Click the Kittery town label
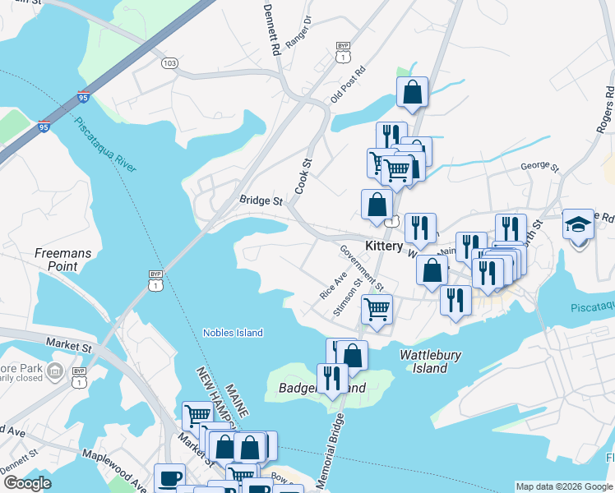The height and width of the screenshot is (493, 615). (x=384, y=246)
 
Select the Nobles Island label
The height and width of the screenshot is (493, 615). (x=233, y=333)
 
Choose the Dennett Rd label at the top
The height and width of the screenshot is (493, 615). (x=272, y=30)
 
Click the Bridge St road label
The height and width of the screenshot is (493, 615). (x=261, y=200)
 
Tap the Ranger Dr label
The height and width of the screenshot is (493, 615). (x=298, y=33)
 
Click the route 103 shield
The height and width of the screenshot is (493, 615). (x=170, y=62)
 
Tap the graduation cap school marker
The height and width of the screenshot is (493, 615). (x=578, y=223)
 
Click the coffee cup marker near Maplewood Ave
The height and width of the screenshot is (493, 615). (x=170, y=478)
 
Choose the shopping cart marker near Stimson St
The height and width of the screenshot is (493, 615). (x=377, y=310)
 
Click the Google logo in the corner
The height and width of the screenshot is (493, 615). (x=27, y=483)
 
